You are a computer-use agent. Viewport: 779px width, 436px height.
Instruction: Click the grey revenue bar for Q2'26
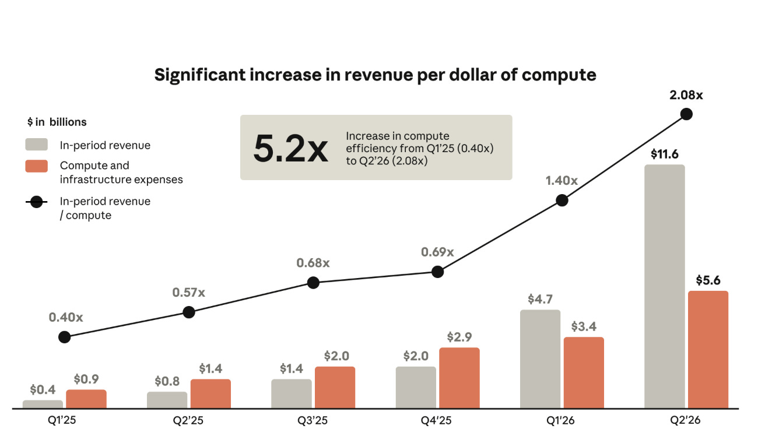(665, 287)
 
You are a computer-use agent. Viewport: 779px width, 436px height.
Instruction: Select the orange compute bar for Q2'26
(708, 349)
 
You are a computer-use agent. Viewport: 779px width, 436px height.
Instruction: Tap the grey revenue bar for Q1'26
(540, 359)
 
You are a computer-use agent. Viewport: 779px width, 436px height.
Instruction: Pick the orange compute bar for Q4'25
(459, 378)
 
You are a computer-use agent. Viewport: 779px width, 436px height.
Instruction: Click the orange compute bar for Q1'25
(86, 399)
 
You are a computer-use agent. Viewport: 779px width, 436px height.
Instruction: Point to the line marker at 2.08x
(686, 114)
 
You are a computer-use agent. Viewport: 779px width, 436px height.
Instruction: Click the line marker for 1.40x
(562, 201)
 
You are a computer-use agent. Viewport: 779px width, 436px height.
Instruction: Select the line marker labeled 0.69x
(437, 272)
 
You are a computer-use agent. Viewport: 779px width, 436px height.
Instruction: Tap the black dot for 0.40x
(64, 337)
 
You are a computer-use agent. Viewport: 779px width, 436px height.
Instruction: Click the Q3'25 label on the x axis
(313, 420)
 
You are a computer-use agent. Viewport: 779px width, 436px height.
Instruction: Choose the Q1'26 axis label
(560, 420)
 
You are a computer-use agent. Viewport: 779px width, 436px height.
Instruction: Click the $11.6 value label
(665, 154)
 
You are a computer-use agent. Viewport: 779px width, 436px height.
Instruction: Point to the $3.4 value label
(584, 326)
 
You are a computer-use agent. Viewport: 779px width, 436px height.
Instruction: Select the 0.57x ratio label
(188, 293)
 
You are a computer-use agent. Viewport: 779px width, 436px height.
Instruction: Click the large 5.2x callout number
(290, 149)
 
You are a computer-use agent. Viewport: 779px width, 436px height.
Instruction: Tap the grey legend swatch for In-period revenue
(37, 145)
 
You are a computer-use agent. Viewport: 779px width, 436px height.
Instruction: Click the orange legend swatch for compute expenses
(37, 166)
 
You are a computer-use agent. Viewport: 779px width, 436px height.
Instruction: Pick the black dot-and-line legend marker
(37, 202)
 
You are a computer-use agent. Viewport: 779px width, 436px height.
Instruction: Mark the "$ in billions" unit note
(57, 122)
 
